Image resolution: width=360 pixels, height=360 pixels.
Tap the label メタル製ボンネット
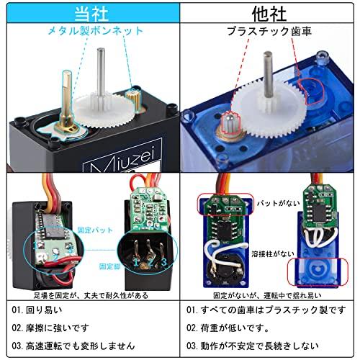point(94,32)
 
